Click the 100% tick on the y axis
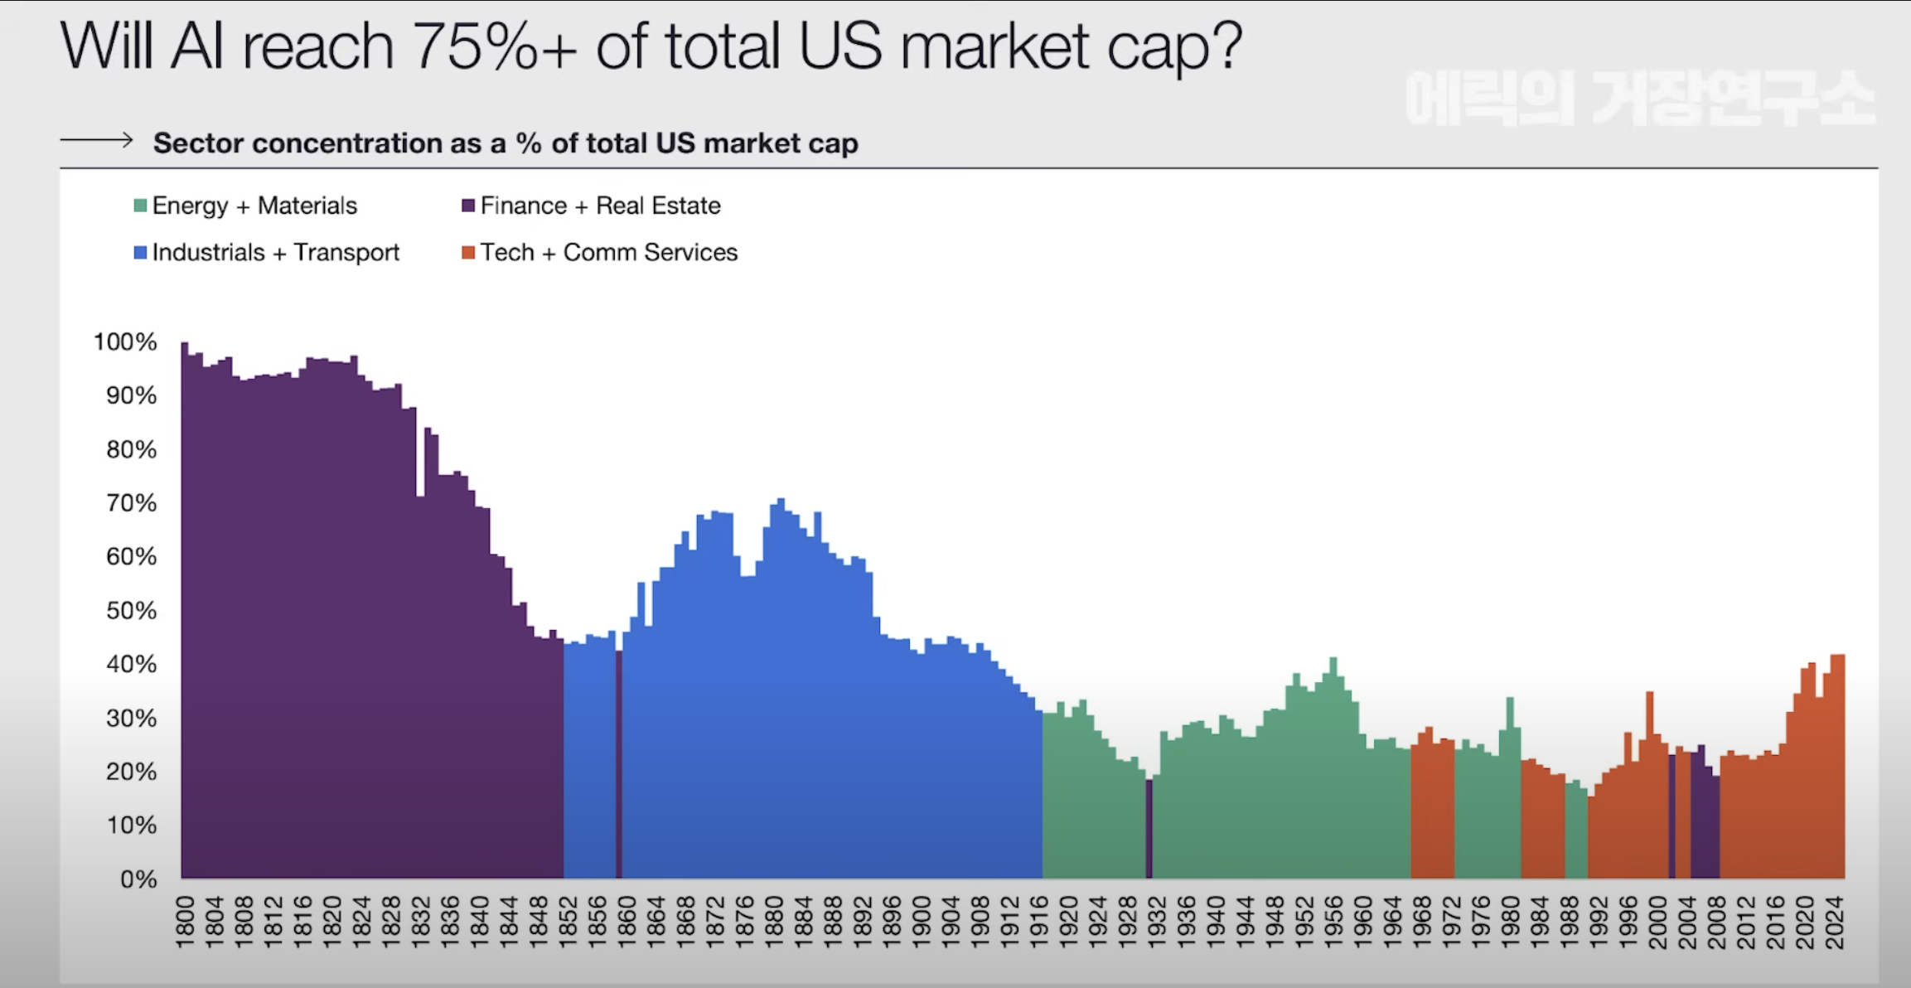pyautogui.click(x=125, y=341)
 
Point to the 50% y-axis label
pyautogui.click(x=131, y=611)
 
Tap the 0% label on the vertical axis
pyautogui.click(x=138, y=879)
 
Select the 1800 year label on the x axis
pyautogui.click(x=185, y=922)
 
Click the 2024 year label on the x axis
pyautogui.click(x=1835, y=922)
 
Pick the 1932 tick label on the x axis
pyautogui.click(x=1157, y=922)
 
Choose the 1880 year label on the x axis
pyautogui.click(x=774, y=922)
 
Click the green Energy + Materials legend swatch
pyautogui.click(x=141, y=206)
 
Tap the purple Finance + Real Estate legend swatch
pyautogui.click(x=468, y=206)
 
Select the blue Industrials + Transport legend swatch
pyautogui.click(x=141, y=252)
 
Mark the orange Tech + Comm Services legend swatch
pyautogui.click(x=468, y=252)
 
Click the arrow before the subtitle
pyautogui.click(x=96, y=140)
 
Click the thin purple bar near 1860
pyautogui.click(x=618, y=763)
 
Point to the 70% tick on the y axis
pyautogui.click(x=131, y=503)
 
